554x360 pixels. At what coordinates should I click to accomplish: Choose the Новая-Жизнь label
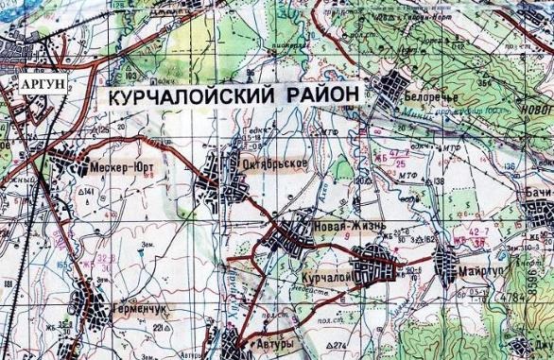pos(343,227)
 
